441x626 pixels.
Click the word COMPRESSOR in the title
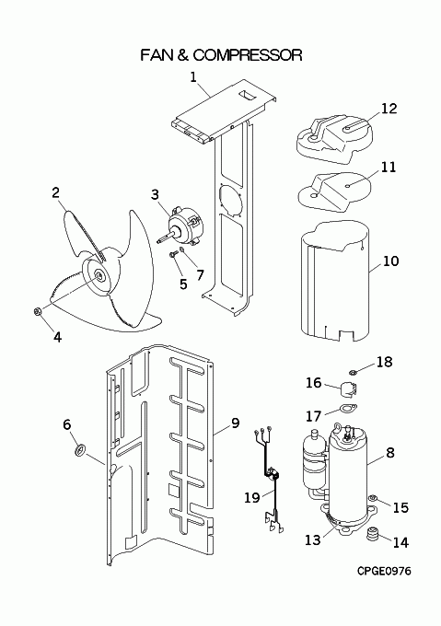click(x=248, y=55)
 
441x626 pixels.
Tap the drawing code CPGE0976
click(x=384, y=572)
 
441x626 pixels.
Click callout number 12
click(x=389, y=109)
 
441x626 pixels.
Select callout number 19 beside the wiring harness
click(x=252, y=497)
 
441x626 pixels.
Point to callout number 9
click(x=235, y=423)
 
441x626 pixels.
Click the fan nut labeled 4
click(x=38, y=311)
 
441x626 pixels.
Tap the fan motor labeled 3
click(x=183, y=226)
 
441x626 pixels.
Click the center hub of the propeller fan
click(x=98, y=275)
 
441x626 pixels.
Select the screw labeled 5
click(x=173, y=254)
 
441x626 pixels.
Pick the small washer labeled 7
click(x=182, y=250)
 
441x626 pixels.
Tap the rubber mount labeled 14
click(x=373, y=534)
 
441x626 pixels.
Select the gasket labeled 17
click(x=348, y=408)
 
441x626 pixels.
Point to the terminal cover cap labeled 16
click(x=348, y=388)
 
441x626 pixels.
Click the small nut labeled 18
click(x=353, y=373)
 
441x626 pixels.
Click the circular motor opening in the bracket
click(x=231, y=200)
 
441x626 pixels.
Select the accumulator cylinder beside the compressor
click(x=314, y=460)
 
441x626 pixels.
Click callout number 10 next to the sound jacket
click(x=390, y=261)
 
